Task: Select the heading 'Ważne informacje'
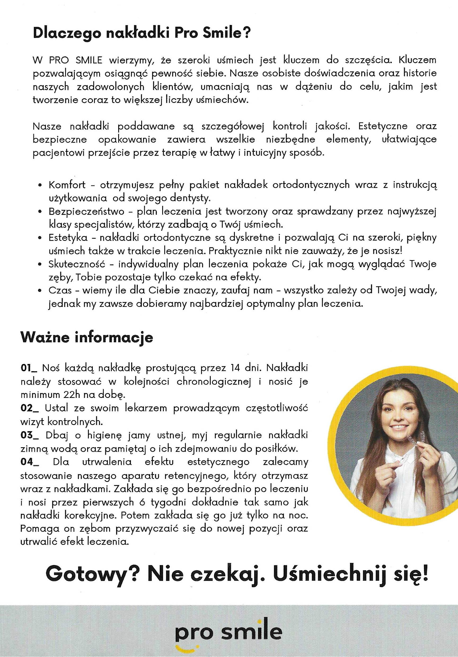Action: pyautogui.click(x=87, y=337)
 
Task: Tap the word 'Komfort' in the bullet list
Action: pyautogui.click(x=67, y=185)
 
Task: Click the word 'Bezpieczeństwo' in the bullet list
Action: pyautogui.click(x=86, y=211)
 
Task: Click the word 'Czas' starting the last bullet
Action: pyautogui.click(x=60, y=290)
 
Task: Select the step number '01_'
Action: pyautogui.click(x=29, y=368)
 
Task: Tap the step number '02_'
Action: pyautogui.click(x=30, y=408)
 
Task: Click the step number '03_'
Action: pyautogui.click(x=30, y=435)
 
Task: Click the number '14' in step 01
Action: pyautogui.click(x=236, y=368)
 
